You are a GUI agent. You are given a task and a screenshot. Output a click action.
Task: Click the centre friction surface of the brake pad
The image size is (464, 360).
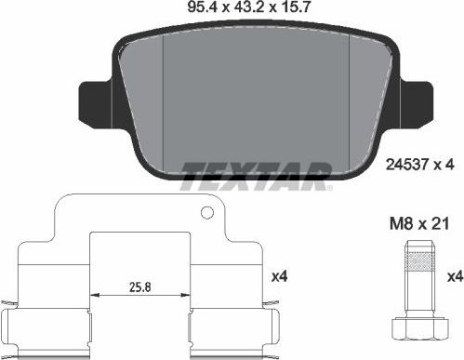(x=256, y=102)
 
